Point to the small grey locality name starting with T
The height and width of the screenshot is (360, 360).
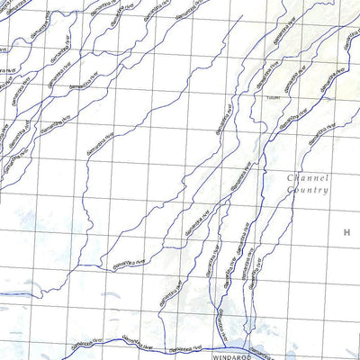tap(274, 99)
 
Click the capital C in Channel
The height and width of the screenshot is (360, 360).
tap(290, 177)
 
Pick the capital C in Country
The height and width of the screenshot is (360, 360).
tap(291, 190)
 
